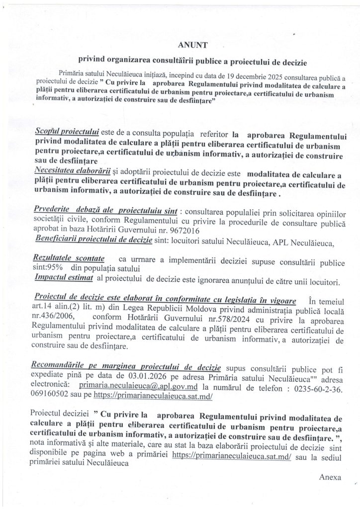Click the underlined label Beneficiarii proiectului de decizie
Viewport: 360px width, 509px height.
(x=94, y=241)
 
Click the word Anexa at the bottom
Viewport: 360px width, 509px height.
(x=331, y=476)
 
